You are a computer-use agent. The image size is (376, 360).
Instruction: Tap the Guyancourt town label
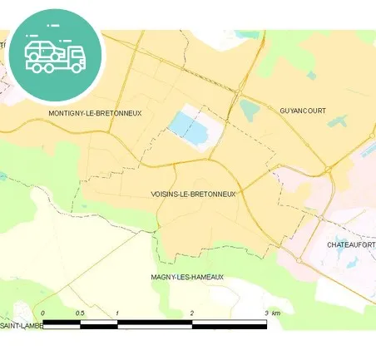tap(303, 111)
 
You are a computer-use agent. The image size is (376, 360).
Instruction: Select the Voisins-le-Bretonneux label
tap(194, 194)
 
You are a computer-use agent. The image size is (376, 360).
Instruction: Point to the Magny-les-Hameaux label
tap(187, 277)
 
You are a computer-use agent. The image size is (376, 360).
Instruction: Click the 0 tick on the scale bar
tap(43, 313)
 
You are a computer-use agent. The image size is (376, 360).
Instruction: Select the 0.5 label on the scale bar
tap(81, 313)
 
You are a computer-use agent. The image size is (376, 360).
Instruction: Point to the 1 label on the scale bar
tap(117, 313)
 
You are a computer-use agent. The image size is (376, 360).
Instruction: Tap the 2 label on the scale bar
tap(192, 313)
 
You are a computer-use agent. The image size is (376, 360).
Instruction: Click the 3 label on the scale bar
tap(266, 313)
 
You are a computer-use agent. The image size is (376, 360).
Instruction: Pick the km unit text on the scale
tap(276, 313)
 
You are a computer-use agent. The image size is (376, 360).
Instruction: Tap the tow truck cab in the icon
tap(75, 56)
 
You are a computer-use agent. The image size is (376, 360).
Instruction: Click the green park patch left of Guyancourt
tap(249, 108)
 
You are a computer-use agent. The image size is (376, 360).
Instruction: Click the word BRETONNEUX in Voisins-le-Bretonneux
tap(212, 194)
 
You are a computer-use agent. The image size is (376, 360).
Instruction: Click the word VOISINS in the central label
tap(163, 194)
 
